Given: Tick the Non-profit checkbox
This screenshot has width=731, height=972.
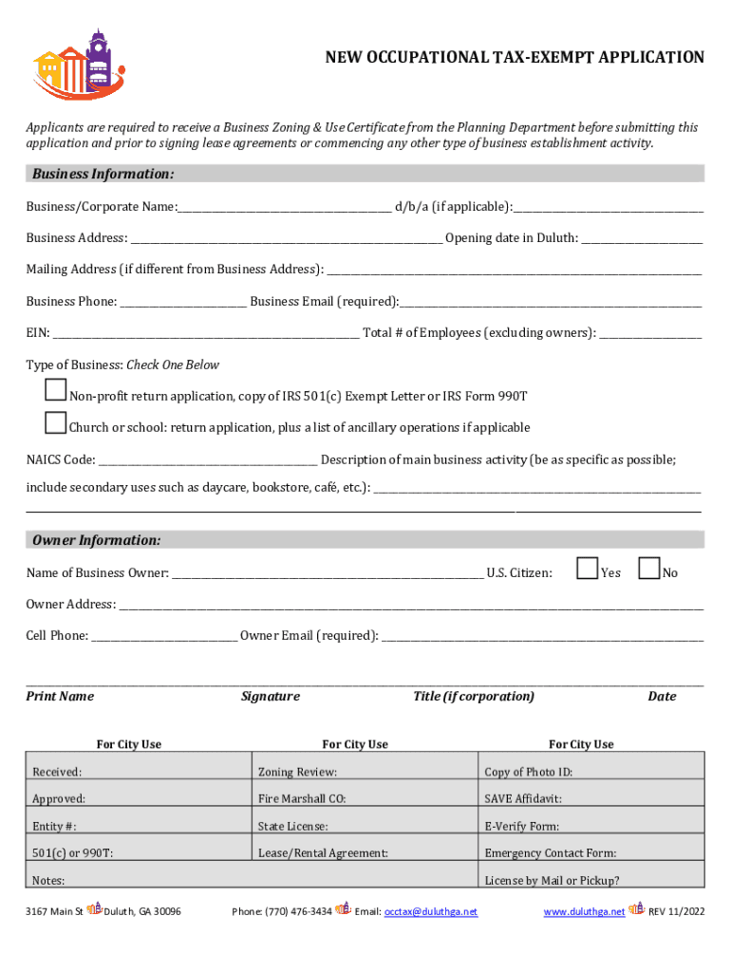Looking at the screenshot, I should coord(56,390).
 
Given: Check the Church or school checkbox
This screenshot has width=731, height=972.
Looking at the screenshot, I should coord(56,421).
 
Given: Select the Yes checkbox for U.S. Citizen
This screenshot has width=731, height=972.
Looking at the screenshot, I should coord(588,569).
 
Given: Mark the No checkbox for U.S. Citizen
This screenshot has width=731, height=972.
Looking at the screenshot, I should coord(649,569).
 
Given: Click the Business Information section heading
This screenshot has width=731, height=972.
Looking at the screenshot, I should coord(103,174).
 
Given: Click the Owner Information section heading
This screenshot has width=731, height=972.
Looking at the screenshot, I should coord(96,540).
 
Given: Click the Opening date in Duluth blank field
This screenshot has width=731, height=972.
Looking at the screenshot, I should coord(642,239).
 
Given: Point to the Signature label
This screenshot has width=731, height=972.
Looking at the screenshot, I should coord(271,697).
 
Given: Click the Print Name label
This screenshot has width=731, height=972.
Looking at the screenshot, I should coord(60,697).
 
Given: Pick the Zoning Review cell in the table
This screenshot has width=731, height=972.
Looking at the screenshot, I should coord(365,772).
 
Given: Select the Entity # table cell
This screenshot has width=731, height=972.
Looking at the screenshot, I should coord(139,826).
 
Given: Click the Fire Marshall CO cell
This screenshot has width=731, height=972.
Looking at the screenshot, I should coord(365,798).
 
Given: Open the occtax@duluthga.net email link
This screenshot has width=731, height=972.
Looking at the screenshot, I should coord(430,912).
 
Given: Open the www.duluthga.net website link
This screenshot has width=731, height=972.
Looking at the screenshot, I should coord(584,912).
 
